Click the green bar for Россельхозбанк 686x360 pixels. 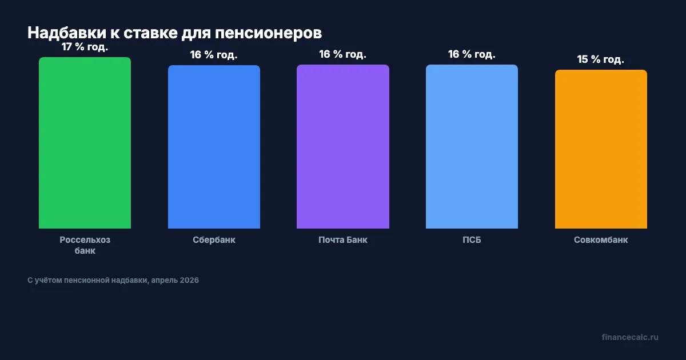(x=85, y=143)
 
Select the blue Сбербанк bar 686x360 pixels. (x=214, y=147)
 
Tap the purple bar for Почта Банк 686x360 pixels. (x=343, y=146)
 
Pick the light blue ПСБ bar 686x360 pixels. (x=472, y=146)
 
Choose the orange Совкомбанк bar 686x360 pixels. (x=601, y=149)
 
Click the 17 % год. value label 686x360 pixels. (x=85, y=47)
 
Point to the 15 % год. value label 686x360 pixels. (x=601, y=59)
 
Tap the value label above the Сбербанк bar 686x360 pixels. (x=214, y=55)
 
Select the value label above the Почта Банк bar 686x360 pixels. (x=343, y=54)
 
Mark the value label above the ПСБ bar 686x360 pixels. (x=472, y=54)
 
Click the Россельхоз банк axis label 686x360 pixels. (x=85, y=245)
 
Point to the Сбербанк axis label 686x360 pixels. (x=214, y=240)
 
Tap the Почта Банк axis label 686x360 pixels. (x=343, y=240)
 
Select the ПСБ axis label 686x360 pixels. (x=472, y=240)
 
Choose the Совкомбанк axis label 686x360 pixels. (x=601, y=240)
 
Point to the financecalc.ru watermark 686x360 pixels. (x=630, y=337)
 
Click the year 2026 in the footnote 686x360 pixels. (x=189, y=281)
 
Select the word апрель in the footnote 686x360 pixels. (x=163, y=281)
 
